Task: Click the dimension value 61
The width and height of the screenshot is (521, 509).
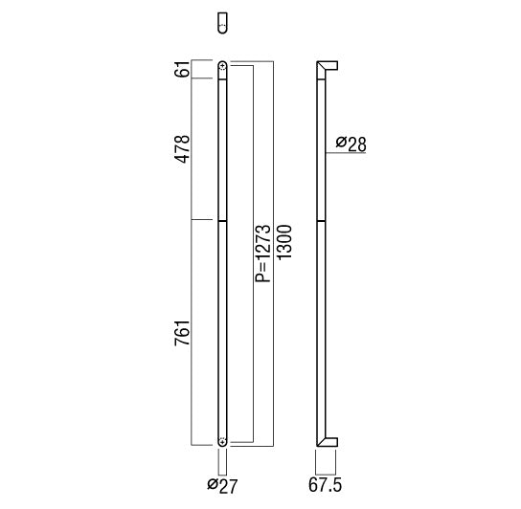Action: tap(182, 69)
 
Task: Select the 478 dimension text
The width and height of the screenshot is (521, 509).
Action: tap(182, 149)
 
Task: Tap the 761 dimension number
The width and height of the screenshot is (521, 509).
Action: tap(182, 333)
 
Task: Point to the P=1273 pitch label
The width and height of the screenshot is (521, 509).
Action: tap(263, 254)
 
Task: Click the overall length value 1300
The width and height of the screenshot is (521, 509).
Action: tap(283, 242)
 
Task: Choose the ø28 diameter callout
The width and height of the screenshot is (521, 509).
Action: tap(351, 144)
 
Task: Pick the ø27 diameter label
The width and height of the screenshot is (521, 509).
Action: tap(222, 486)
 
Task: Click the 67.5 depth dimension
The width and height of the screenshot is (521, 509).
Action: tap(325, 485)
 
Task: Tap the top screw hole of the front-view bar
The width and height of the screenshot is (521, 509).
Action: tap(222, 67)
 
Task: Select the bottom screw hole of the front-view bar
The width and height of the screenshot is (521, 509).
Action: tap(222, 441)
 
